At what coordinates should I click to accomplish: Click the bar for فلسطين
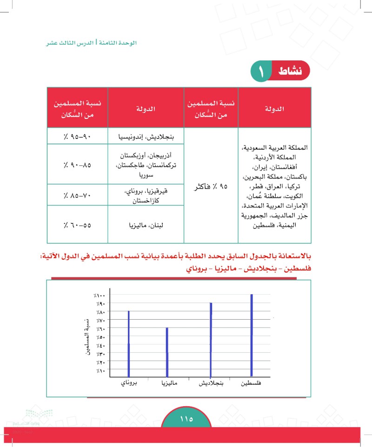[252, 335]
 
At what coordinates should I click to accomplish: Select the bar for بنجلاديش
[211, 340]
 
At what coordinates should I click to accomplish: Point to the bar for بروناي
[129, 343]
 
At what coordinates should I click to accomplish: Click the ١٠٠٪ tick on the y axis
[100, 295]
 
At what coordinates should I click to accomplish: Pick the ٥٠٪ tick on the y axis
[100, 337]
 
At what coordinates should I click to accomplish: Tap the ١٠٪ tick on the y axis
[100, 371]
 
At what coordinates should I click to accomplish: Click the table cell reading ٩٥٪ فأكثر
[211, 189]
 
